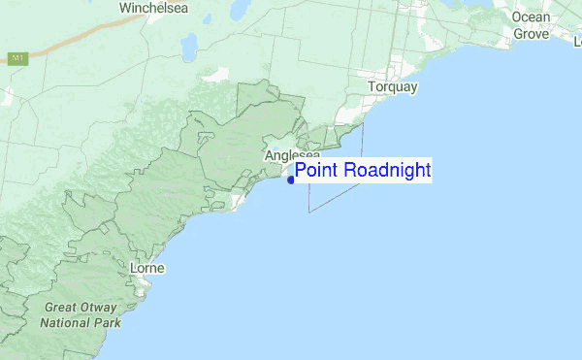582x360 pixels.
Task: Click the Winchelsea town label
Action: click(x=154, y=9)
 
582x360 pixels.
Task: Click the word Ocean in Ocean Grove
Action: click(x=531, y=18)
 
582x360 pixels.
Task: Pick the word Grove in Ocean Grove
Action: click(x=531, y=33)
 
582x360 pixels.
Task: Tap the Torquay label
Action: click(x=393, y=87)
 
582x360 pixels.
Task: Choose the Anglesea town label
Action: click(x=292, y=155)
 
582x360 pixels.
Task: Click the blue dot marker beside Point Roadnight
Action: click(x=291, y=180)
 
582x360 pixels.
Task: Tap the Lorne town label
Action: click(x=146, y=267)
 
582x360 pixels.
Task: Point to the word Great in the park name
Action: click(x=61, y=308)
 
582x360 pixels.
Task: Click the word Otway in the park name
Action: click(x=101, y=308)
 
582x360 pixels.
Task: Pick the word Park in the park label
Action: click(x=109, y=322)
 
